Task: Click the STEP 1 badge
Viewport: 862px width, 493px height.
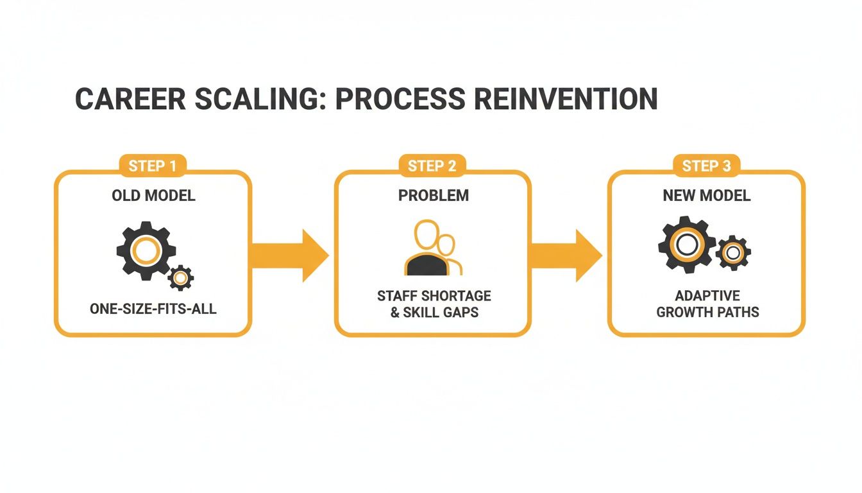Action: pos(153,166)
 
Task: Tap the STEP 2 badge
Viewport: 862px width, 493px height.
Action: pos(432,166)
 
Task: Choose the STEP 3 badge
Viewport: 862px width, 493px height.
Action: pos(706,166)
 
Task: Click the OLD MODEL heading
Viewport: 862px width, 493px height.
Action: pos(153,196)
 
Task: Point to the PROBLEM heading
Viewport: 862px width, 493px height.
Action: pos(433,196)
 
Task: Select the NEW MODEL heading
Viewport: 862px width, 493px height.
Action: pos(706,196)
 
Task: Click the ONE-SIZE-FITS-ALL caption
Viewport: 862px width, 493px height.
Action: pos(153,309)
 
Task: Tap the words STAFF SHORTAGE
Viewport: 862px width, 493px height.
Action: pos(434,296)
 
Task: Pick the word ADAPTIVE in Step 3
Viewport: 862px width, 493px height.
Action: pos(707,296)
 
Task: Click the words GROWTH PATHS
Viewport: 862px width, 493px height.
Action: pos(707,313)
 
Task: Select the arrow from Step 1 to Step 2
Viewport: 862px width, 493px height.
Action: pos(289,255)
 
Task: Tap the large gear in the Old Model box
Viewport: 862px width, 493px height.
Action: pos(146,250)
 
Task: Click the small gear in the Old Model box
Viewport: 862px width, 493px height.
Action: pos(181,278)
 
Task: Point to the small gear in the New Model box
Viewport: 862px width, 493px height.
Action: pos(733,253)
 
